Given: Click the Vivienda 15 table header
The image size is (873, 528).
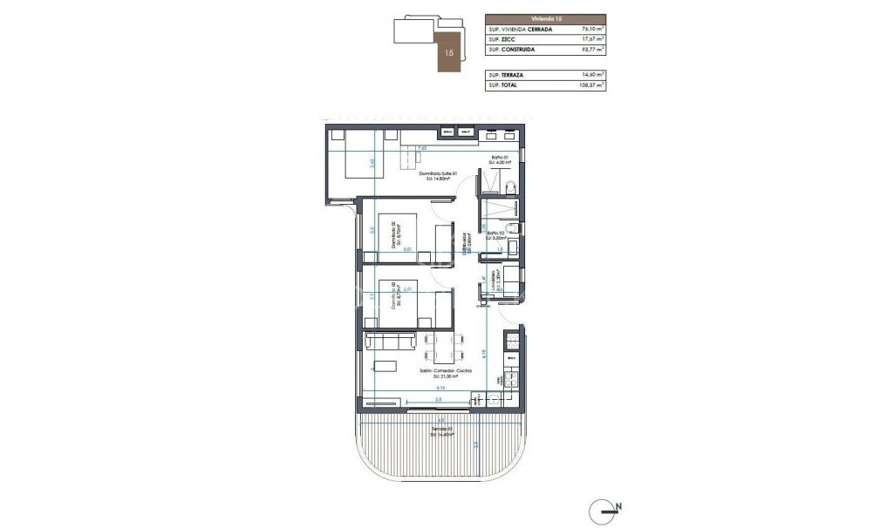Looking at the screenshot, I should tap(545, 18).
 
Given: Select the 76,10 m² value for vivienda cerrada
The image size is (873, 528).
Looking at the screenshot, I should tap(592, 29).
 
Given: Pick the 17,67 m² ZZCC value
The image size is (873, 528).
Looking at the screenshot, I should tap(592, 39).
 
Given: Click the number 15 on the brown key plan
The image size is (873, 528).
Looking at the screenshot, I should tap(449, 52).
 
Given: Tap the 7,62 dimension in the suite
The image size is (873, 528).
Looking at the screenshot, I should tap(422, 149).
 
